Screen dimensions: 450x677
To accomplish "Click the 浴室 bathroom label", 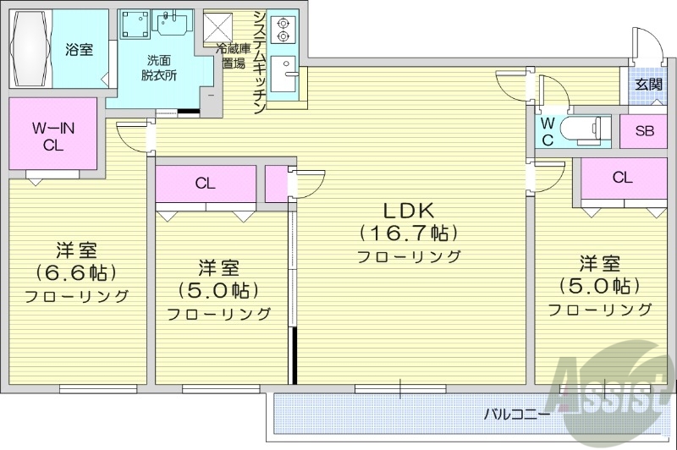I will click(x=80, y=49).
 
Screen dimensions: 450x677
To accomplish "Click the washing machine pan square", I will click(x=134, y=25).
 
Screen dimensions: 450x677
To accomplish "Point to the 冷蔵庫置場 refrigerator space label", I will click(x=234, y=57).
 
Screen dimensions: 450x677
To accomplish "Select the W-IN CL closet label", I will click(x=52, y=135).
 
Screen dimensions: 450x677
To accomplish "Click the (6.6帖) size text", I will click(x=76, y=272).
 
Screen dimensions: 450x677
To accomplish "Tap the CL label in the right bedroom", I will click(x=622, y=178).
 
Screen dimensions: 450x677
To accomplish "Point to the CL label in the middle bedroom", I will click(x=204, y=183).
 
